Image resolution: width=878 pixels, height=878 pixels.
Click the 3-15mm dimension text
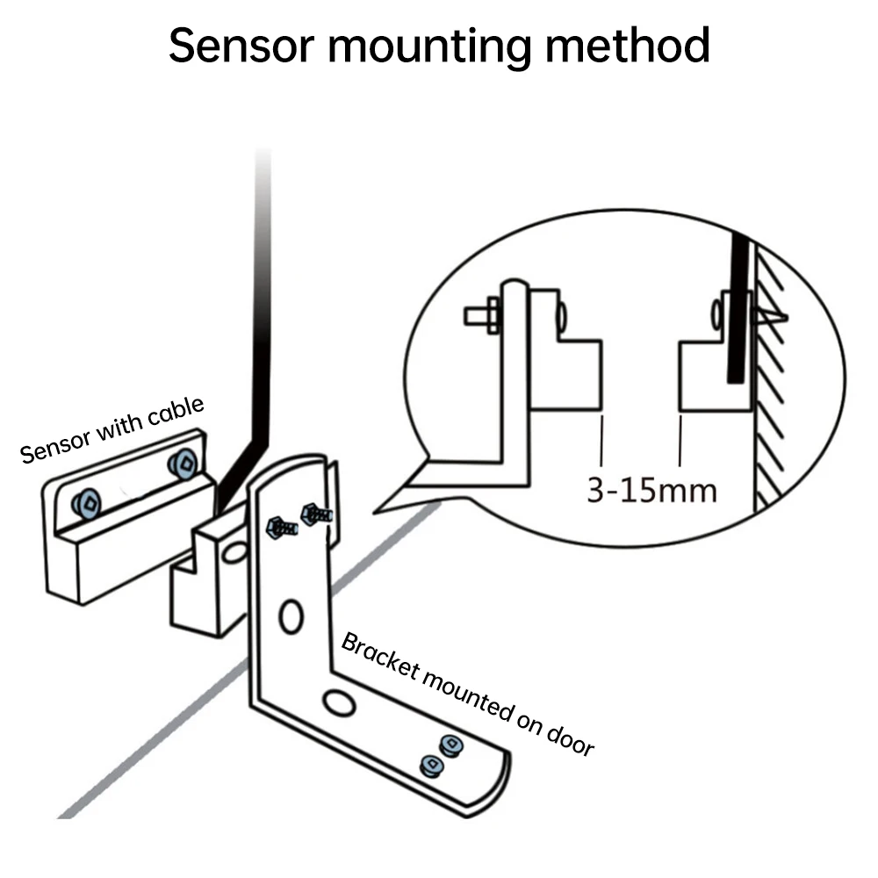click(x=651, y=489)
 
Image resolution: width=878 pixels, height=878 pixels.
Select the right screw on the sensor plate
click(x=184, y=463)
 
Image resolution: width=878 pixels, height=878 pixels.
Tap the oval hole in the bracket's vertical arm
click(x=291, y=616)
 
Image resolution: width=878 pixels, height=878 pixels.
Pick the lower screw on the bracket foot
click(x=432, y=765)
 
